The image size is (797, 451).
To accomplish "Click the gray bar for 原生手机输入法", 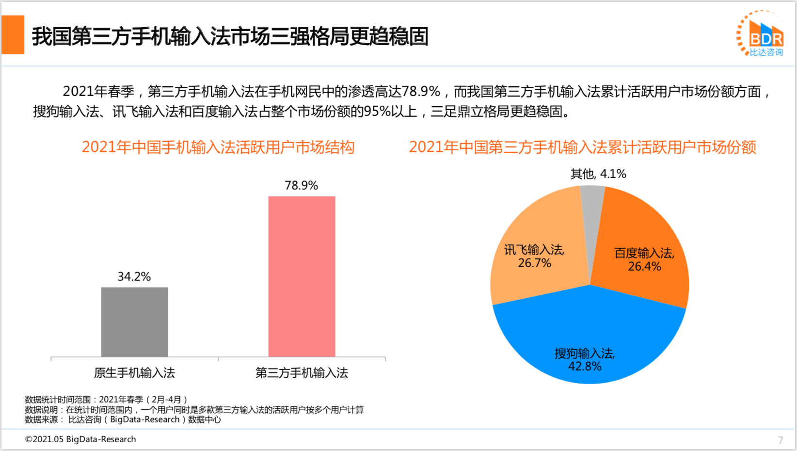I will tap(134, 322).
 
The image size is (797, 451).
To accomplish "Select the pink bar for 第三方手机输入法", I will tap(302, 276).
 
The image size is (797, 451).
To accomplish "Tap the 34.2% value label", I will tap(134, 276).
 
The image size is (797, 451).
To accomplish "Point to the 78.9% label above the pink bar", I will tap(301, 185).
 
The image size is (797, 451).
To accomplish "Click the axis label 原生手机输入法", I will tap(134, 372).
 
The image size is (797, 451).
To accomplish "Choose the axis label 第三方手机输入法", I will tap(302, 372).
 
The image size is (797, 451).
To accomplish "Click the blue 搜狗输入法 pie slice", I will tap(589, 335).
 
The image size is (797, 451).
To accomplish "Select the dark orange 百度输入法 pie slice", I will tap(640, 242).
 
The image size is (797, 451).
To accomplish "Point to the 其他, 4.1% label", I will tap(598, 174).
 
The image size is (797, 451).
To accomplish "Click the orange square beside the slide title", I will tap(13, 35).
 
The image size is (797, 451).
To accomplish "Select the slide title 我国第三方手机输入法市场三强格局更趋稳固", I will tap(230, 36).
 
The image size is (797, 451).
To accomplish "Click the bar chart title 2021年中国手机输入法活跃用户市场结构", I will tap(218, 147).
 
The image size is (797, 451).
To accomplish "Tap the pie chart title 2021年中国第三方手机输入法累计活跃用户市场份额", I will tap(582, 147).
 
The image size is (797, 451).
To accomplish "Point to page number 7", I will tap(781, 440).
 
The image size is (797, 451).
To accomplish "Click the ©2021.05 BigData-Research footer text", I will tap(80, 439).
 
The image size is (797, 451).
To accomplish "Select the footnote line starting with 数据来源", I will tap(123, 419).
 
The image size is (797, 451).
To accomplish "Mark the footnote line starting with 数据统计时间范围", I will tap(106, 400).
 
